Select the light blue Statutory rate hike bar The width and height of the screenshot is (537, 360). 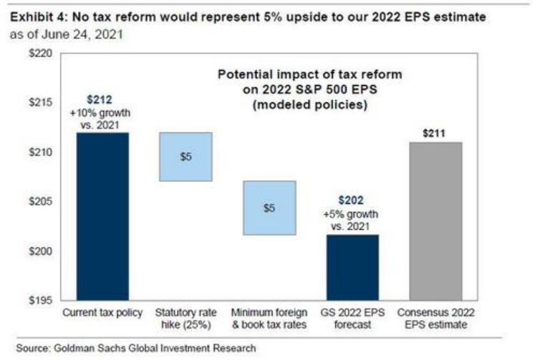pyautogui.click(x=185, y=156)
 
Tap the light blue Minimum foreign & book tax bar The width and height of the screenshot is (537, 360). pyautogui.click(x=268, y=208)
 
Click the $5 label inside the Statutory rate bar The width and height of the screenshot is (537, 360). pyautogui.click(x=185, y=156)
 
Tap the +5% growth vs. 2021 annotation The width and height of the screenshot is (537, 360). pyautogui.click(x=351, y=219)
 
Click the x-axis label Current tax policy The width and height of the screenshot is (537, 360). pyautogui.click(x=103, y=313)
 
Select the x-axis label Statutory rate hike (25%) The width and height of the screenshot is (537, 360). pyautogui.click(x=185, y=319)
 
